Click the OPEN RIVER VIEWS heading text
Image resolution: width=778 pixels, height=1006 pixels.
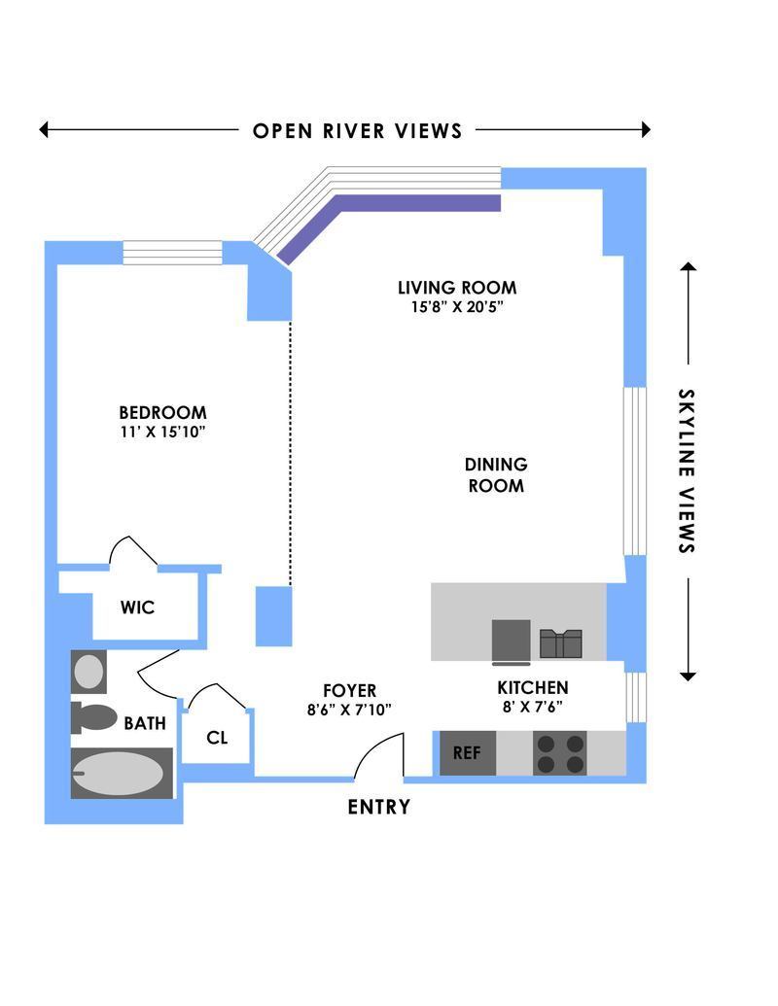(x=357, y=130)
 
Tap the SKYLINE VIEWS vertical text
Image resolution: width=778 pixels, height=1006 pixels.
(x=687, y=471)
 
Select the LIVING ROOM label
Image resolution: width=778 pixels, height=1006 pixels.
(x=456, y=288)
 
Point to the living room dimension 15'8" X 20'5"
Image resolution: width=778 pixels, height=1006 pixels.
(x=456, y=307)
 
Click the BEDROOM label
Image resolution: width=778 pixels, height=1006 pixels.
(x=162, y=412)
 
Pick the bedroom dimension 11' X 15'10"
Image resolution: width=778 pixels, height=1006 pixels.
(x=162, y=432)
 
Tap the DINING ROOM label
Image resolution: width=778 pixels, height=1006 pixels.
(x=496, y=475)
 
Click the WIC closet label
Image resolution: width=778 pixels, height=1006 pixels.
(x=137, y=608)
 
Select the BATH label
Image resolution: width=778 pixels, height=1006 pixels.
(x=144, y=723)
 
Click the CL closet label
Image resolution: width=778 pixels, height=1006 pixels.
(x=217, y=738)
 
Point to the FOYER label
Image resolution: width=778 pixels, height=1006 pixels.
(x=349, y=691)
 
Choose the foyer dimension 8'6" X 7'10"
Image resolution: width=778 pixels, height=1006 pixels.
(x=349, y=710)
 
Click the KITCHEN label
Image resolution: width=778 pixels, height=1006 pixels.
(x=532, y=688)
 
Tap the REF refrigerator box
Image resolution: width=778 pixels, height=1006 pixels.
(x=467, y=753)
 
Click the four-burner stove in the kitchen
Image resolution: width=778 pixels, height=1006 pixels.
(x=561, y=753)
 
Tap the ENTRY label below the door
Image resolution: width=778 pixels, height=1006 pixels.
(x=378, y=807)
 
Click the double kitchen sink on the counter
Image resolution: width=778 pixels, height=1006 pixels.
(x=561, y=643)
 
